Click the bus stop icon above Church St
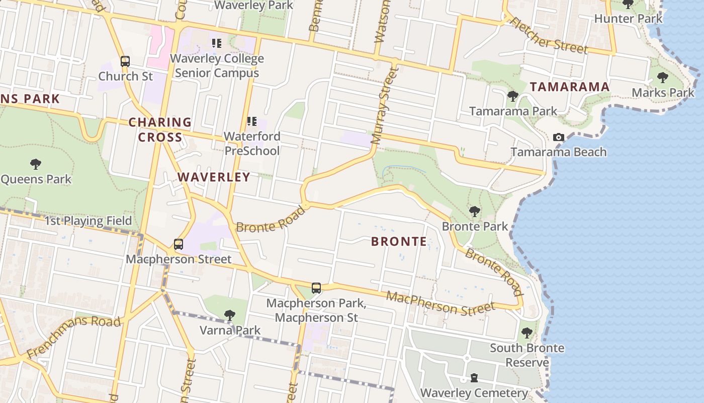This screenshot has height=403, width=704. (x=125, y=61)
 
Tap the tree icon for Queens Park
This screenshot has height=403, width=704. (x=35, y=164)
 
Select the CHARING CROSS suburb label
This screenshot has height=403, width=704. (x=160, y=129)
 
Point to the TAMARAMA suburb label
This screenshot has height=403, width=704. (x=570, y=87)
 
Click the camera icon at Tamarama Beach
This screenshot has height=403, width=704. (x=558, y=137)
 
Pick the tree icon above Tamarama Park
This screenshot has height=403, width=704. (x=512, y=96)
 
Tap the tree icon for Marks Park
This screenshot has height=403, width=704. (x=663, y=77)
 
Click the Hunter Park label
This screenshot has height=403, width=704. (x=628, y=19)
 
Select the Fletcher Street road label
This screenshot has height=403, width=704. (x=549, y=36)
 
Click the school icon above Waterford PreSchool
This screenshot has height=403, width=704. (x=251, y=121)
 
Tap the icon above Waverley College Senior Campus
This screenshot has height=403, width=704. (x=217, y=43)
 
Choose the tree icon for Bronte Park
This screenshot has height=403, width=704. (x=474, y=211)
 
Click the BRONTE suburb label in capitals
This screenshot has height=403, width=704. (x=399, y=241)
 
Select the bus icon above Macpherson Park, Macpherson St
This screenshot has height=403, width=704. (x=316, y=288)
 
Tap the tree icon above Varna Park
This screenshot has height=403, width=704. (x=230, y=315)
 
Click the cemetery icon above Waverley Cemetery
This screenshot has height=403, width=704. (x=474, y=378)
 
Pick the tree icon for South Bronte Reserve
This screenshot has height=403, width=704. (x=526, y=332)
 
